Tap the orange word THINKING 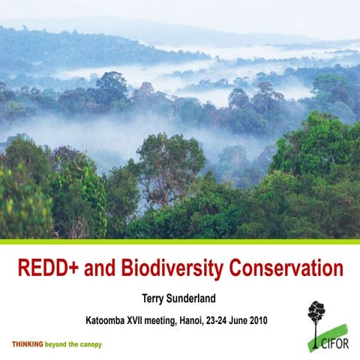[26, 343]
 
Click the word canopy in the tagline [89, 343]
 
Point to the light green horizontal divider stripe [180, 241]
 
